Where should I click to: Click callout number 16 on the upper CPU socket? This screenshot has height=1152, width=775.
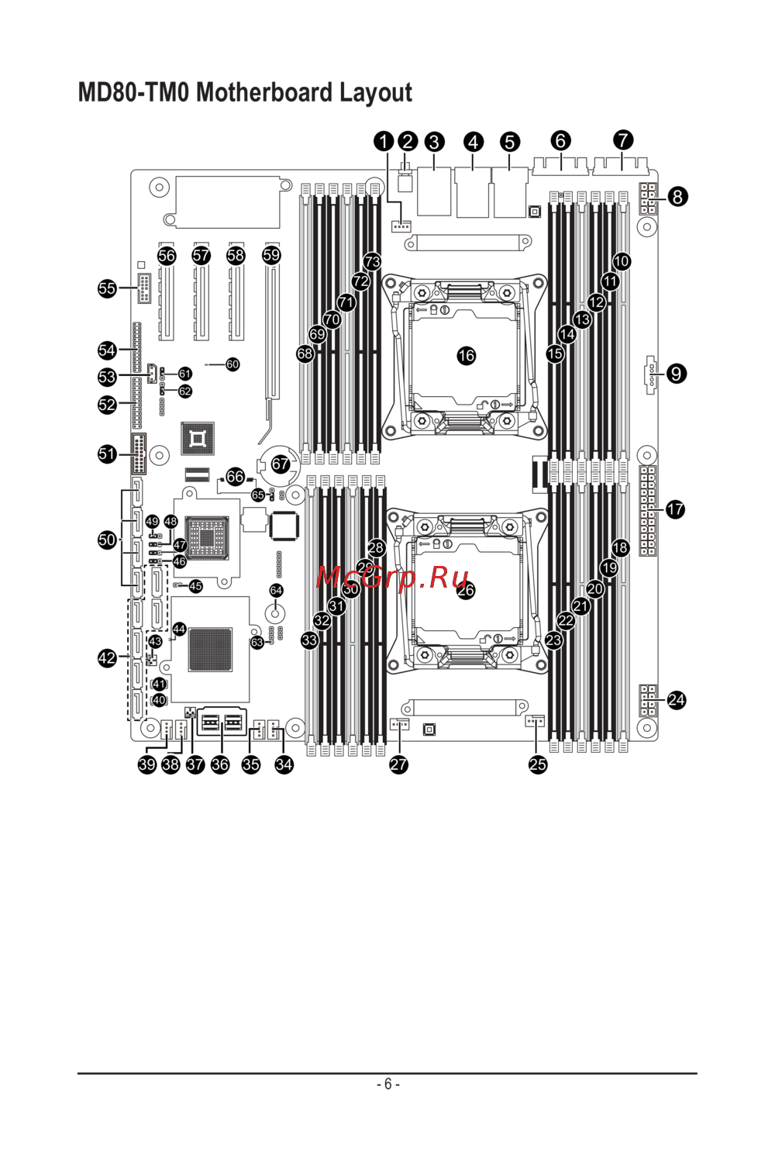pyautogui.click(x=466, y=356)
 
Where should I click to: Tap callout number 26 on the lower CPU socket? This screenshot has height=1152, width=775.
pyautogui.click(x=466, y=591)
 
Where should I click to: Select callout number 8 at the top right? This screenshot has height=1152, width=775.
pyautogui.click(x=677, y=197)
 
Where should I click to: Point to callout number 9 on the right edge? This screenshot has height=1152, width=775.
pyautogui.click(x=677, y=374)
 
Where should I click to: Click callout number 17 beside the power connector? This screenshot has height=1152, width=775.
pyautogui.click(x=676, y=509)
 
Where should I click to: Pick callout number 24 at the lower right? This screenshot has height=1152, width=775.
pyautogui.click(x=677, y=700)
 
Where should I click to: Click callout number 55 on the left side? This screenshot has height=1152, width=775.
pyautogui.click(x=107, y=288)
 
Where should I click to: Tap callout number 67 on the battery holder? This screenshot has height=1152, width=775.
pyautogui.click(x=280, y=464)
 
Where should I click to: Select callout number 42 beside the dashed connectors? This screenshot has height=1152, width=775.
pyautogui.click(x=107, y=658)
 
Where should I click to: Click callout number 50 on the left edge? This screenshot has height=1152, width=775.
pyautogui.click(x=107, y=540)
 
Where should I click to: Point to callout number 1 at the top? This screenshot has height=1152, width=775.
pyautogui.click(x=384, y=141)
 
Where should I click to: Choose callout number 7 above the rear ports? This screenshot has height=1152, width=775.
pyautogui.click(x=623, y=140)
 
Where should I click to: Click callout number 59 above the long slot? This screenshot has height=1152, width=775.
pyautogui.click(x=271, y=255)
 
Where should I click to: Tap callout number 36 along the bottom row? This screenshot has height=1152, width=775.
pyautogui.click(x=220, y=764)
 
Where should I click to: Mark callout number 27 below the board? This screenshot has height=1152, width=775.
pyautogui.click(x=398, y=764)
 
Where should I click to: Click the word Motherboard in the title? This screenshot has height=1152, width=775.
pyautogui.click(x=265, y=93)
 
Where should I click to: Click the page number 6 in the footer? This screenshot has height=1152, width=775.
pyautogui.click(x=387, y=1084)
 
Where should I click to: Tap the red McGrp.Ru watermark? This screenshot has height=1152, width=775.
pyautogui.click(x=393, y=577)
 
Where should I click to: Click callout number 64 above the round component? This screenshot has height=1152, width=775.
pyautogui.click(x=276, y=591)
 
